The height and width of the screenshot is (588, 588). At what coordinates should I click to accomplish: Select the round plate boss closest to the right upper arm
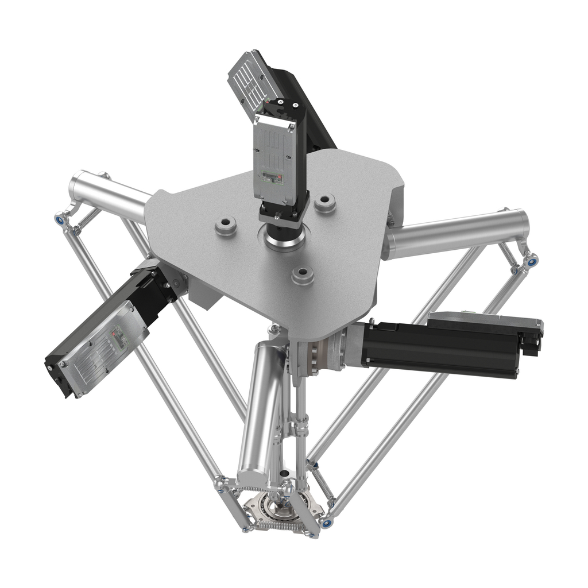coord(325,203)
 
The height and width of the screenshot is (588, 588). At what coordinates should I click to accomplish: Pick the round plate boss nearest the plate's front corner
coord(303,275)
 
